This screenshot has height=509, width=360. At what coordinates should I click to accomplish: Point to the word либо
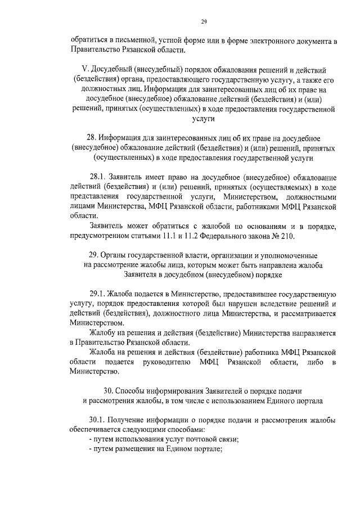coord(307,361)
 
